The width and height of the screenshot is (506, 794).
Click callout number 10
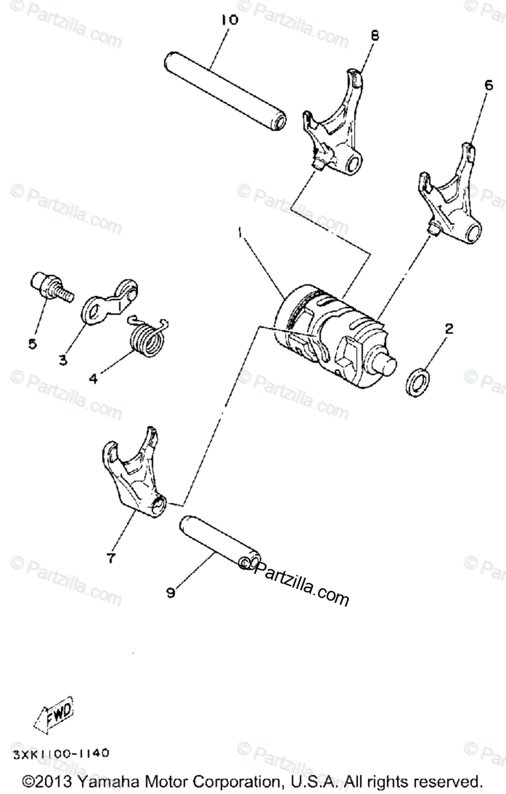tap(229, 20)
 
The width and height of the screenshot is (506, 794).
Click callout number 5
tap(32, 343)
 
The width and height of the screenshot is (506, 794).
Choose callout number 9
tap(170, 593)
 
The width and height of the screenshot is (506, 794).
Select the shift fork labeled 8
tap(337, 126)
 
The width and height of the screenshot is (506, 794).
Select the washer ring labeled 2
tap(419, 382)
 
